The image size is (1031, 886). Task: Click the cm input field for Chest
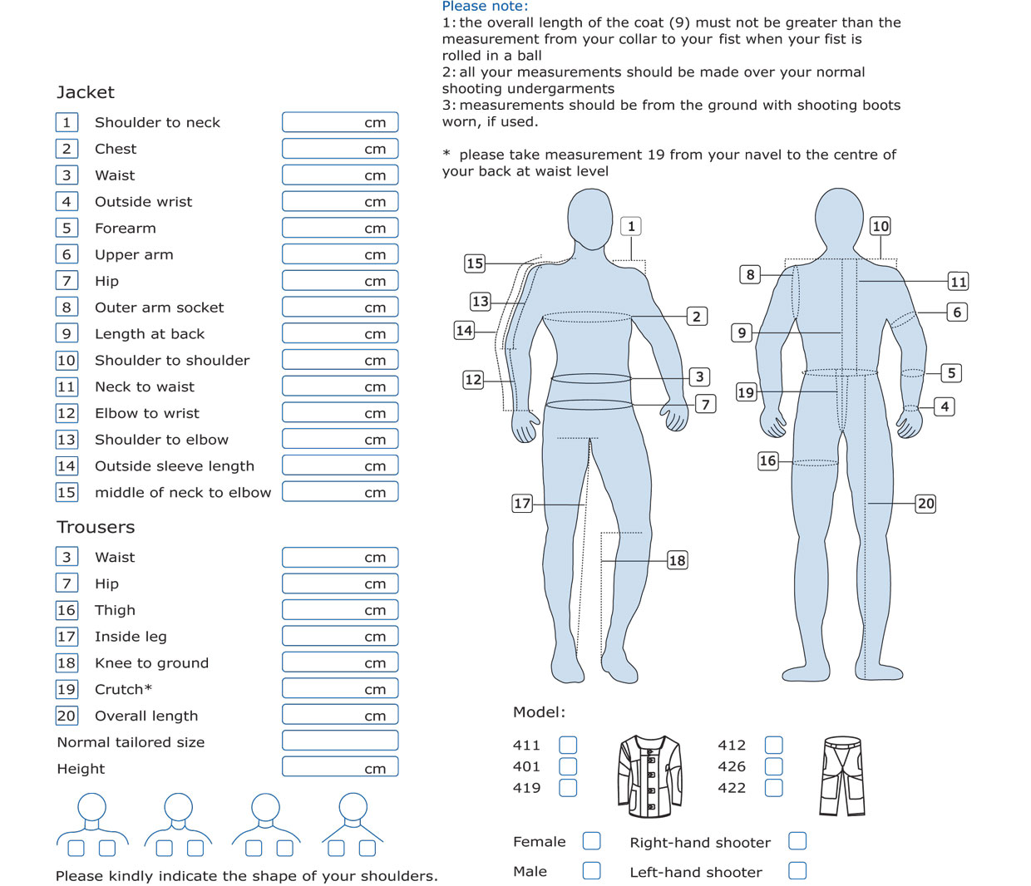[x=340, y=149]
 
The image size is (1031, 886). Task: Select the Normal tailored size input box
[x=340, y=741]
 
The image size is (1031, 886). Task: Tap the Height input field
[x=340, y=767]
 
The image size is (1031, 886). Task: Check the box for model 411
[x=568, y=745]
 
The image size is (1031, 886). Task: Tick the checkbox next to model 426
[x=773, y=766]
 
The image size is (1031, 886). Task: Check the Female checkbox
[x=591, y=840]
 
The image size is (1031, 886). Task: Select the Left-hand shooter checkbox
[x=797, y=870]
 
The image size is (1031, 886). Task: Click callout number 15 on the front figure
[x=475, y=263]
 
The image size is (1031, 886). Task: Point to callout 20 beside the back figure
[x=925, y=504]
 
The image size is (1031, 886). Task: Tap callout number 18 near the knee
[x=677, y=560]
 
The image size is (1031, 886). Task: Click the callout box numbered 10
[x=880, y=226]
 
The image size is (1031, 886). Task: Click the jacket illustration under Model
[x=649, y=775]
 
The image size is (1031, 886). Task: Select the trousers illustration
[x=842, y=775]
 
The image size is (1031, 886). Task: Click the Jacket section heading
[x=86, y=93]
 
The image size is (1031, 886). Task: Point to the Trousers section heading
[x=96, y=528]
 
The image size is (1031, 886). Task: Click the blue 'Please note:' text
[x=485, y=7]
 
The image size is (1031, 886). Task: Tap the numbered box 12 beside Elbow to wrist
[x=67, y=413]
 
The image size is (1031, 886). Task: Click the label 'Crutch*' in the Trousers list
[x=123, y=689]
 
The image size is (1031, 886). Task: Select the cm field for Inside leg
[x=340, y=636]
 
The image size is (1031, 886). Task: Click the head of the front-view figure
[x=590, y=219]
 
